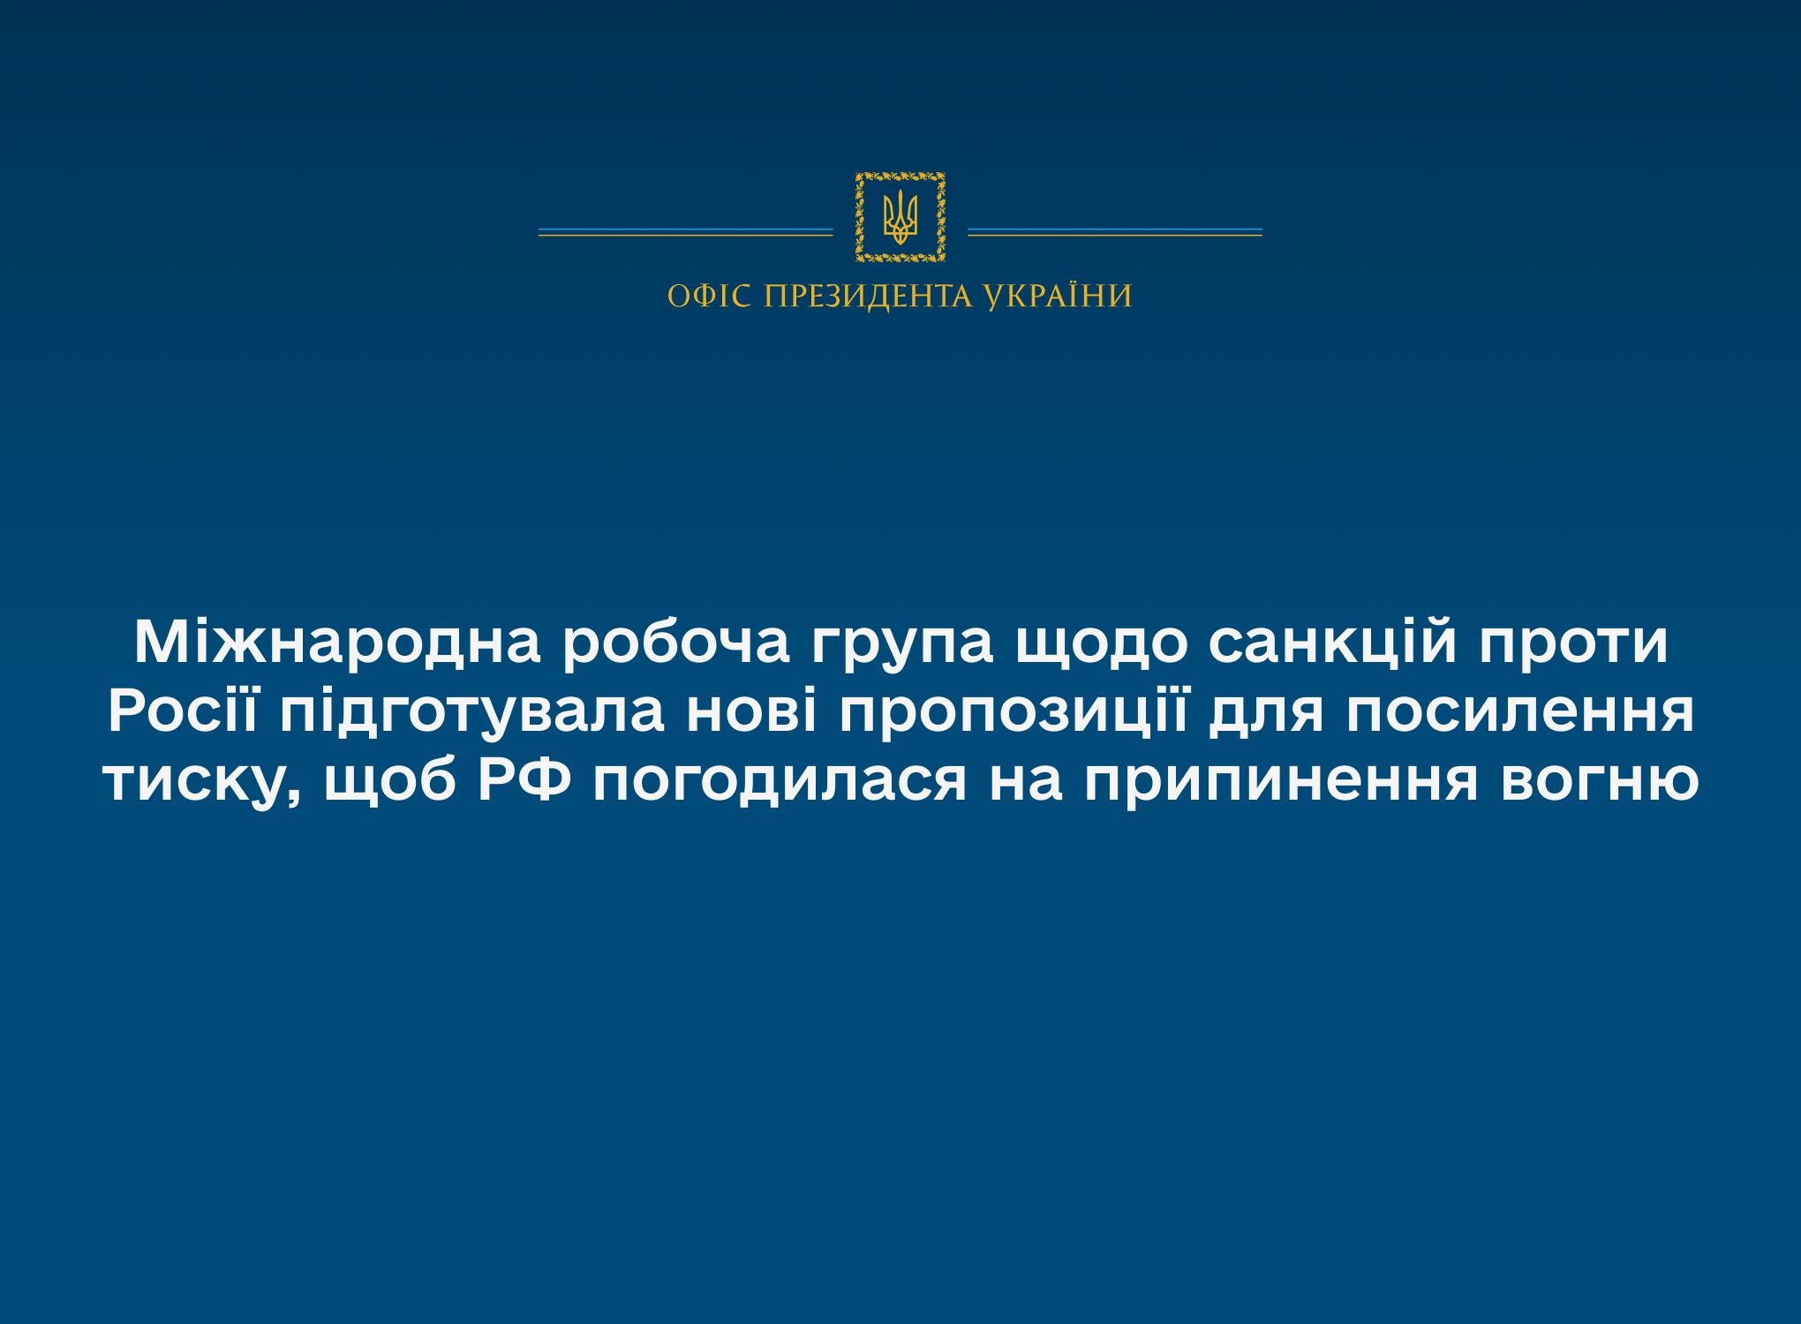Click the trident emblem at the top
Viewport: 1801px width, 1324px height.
(900, 218)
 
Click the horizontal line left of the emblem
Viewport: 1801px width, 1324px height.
(686, 233)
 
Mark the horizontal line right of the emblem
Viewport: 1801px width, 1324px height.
(1115, 233)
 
